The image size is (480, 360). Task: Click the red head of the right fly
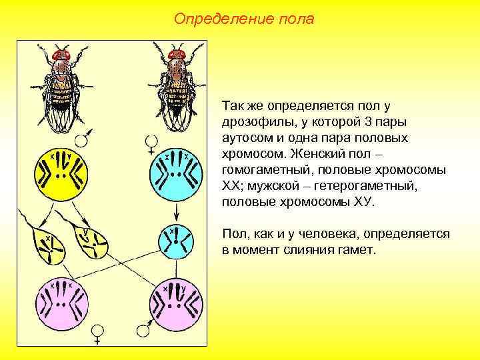coord(177,53)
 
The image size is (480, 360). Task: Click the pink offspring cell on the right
coord(177,303)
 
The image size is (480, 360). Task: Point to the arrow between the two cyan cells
coord(177,213)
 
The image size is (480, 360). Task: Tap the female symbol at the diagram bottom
coord(98,333)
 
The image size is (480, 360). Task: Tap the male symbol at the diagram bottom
coord(142,329)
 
